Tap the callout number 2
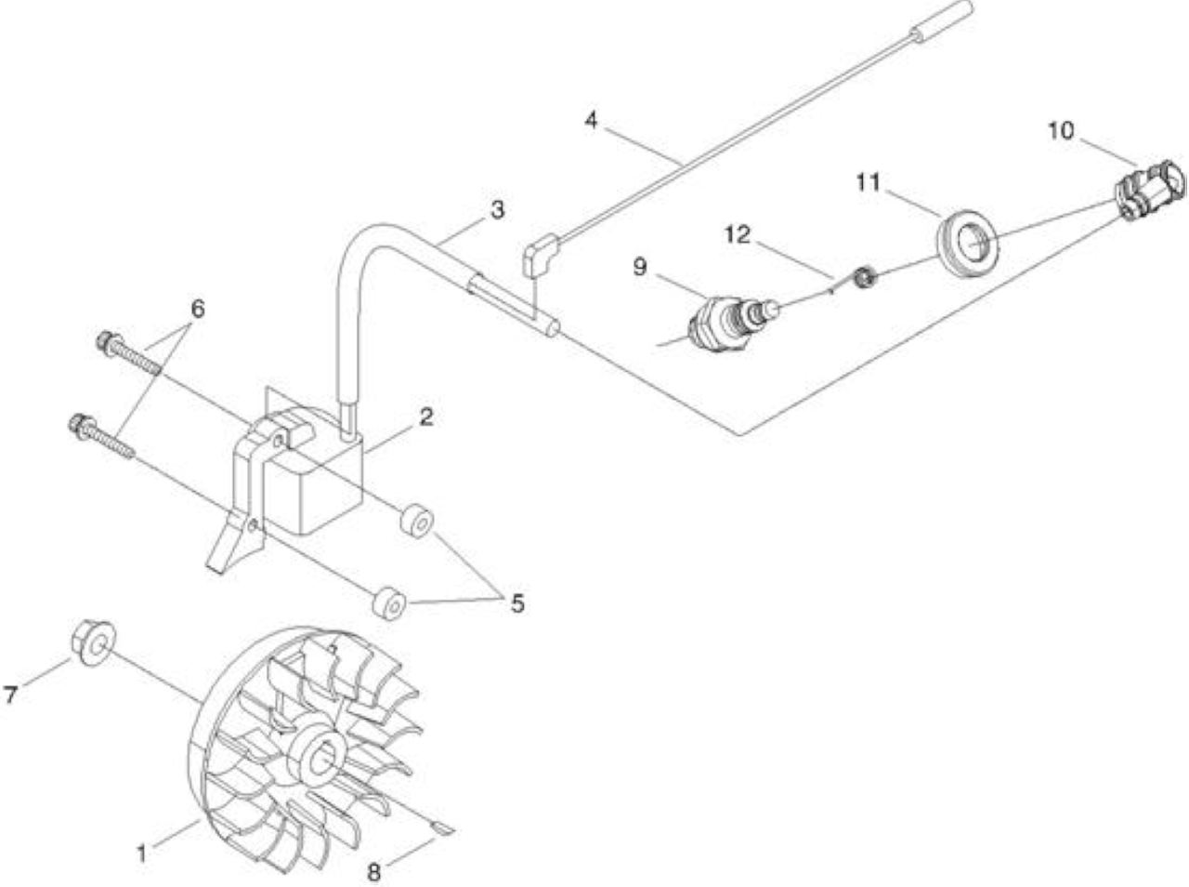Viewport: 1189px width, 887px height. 425,417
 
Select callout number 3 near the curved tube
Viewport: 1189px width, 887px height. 497,209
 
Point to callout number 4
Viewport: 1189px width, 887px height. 591,120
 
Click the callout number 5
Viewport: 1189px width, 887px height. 517,603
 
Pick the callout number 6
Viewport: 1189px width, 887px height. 198,309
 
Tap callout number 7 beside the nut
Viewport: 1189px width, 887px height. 11,695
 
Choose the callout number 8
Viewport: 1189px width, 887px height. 373,872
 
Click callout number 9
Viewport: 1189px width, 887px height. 640,266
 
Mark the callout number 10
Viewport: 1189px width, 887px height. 1061,131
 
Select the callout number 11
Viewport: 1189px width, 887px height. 868,182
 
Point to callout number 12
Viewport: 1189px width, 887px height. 738,234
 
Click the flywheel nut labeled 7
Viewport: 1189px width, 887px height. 93,643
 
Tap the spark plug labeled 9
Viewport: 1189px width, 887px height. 732,321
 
